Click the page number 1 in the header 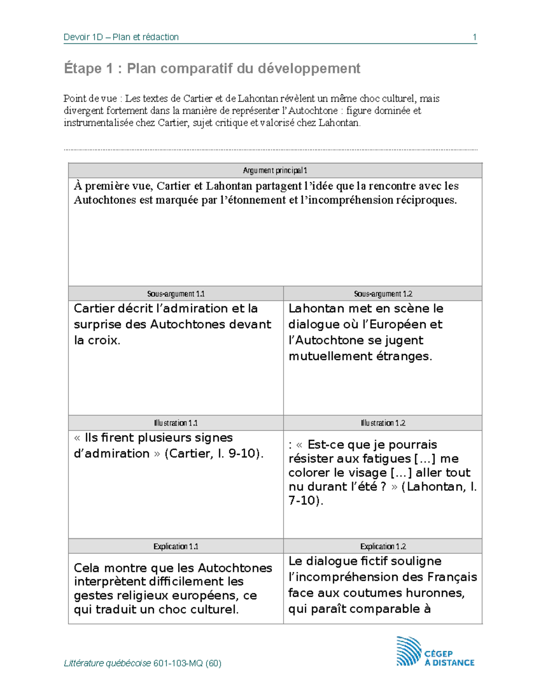(474, 37)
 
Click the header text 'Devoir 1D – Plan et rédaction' (121, 37)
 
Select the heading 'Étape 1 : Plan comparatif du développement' (212, 69)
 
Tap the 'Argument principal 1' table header (275, 170)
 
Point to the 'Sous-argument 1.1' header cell (176, 294)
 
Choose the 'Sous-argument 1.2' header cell (383, 294)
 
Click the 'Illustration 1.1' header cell (176, 423)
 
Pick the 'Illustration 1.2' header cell (383, 423)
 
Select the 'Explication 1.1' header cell (176, 546)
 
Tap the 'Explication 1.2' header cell (383, 546)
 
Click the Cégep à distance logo (435, 651)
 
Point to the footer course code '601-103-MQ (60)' (187, 663)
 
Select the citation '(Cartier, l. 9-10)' (214, 453)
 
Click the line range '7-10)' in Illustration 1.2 (306, 501)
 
